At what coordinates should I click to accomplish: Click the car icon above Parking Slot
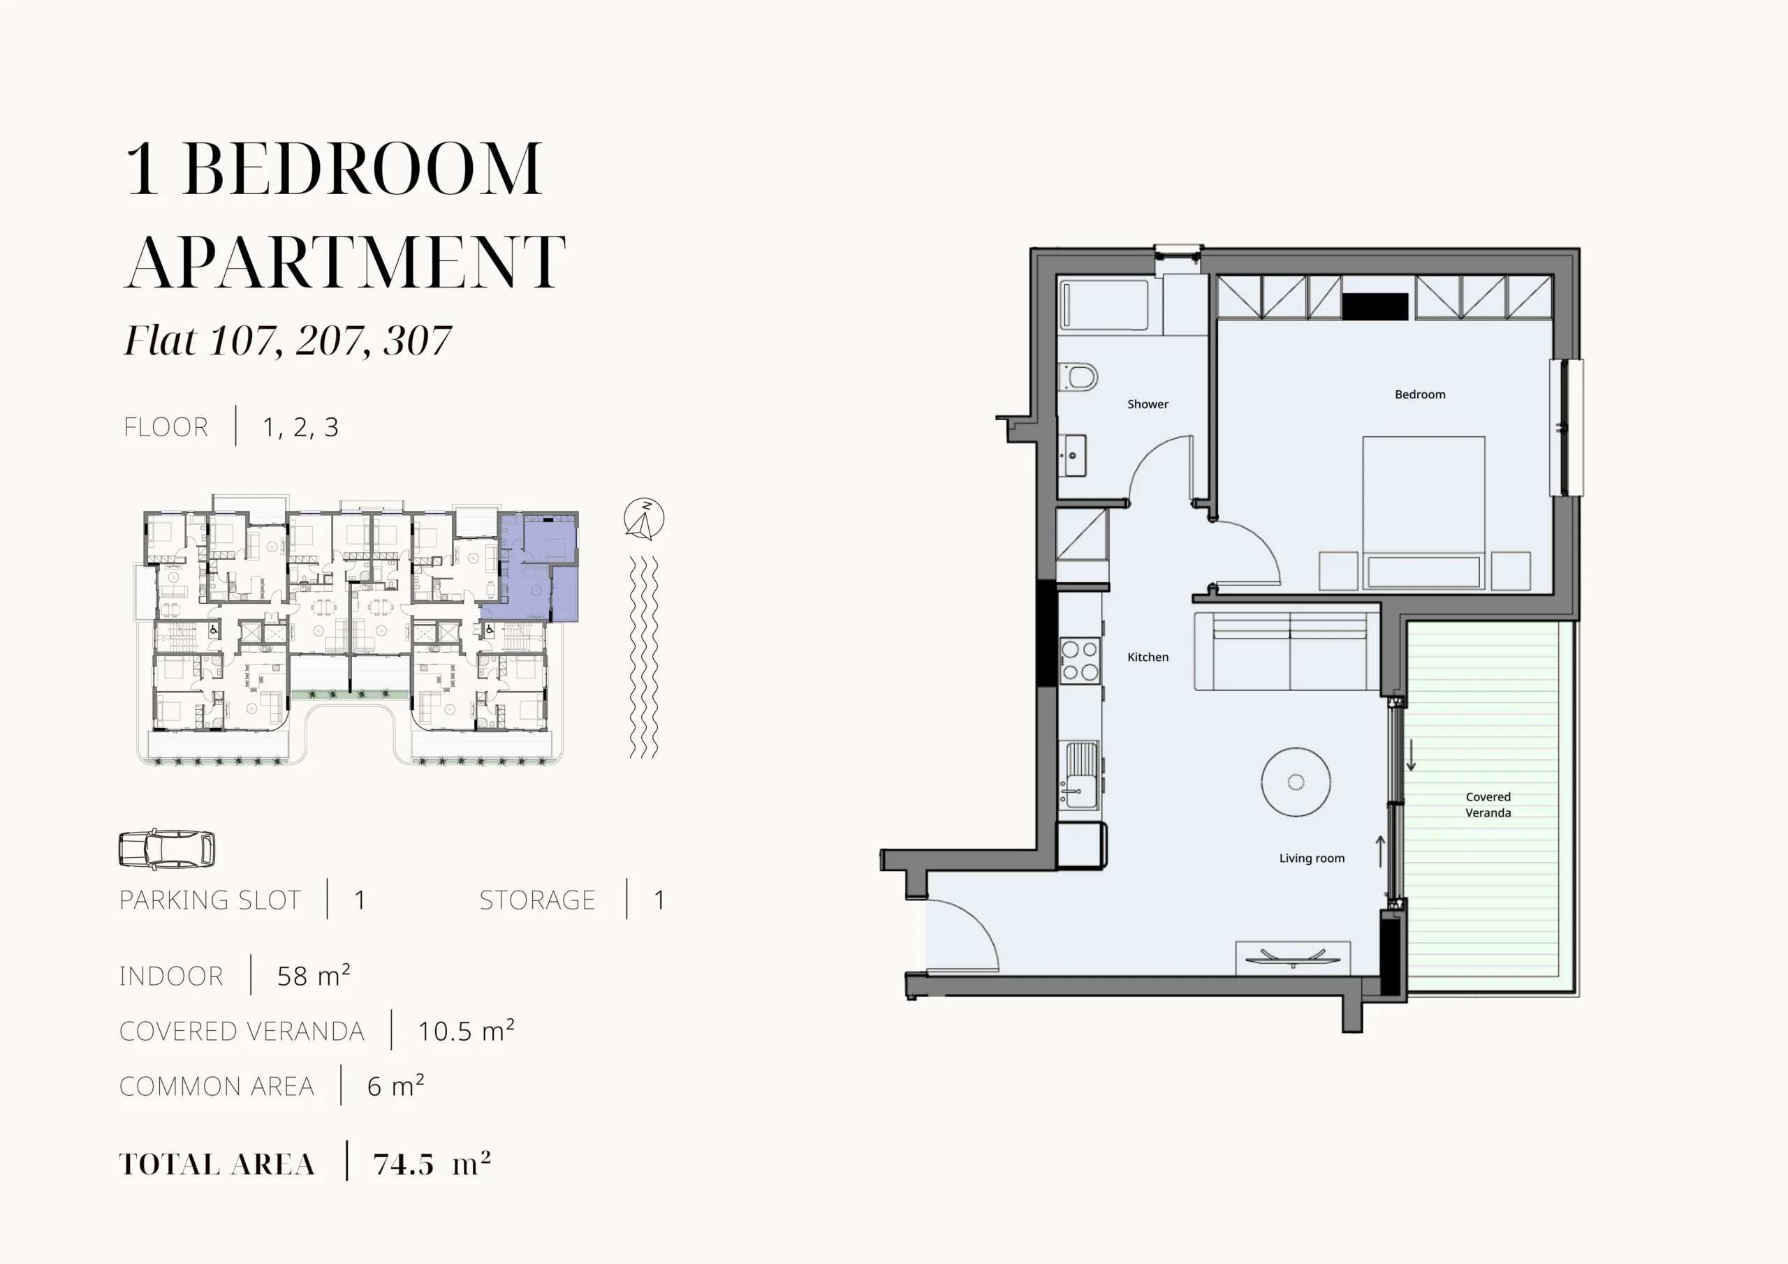[x=167, y=849]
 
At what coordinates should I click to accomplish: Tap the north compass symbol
[x=644, y=519]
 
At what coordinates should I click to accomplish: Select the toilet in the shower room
[x=1078, y=377]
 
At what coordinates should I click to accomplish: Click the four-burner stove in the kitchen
[x=1080, y=661]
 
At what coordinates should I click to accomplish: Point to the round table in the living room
[x=1296, y=782]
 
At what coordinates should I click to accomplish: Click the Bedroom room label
[x=1420, y=394]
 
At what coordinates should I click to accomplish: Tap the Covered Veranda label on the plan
[x=1488, y=805]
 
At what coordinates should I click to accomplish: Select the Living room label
[x=1312, y=858]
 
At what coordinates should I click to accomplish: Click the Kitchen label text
[x=1148, y=657]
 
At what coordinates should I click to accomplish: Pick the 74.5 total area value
[x=404, y=1164]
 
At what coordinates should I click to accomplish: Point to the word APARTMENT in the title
[x=345, y=262]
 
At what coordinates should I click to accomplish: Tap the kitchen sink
[x=1079, y=775]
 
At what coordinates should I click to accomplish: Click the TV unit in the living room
[x=1293, y=958]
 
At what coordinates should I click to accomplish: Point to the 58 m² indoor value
[x=314, y=976]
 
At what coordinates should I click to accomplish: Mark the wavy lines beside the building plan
[x=644, y=657]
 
